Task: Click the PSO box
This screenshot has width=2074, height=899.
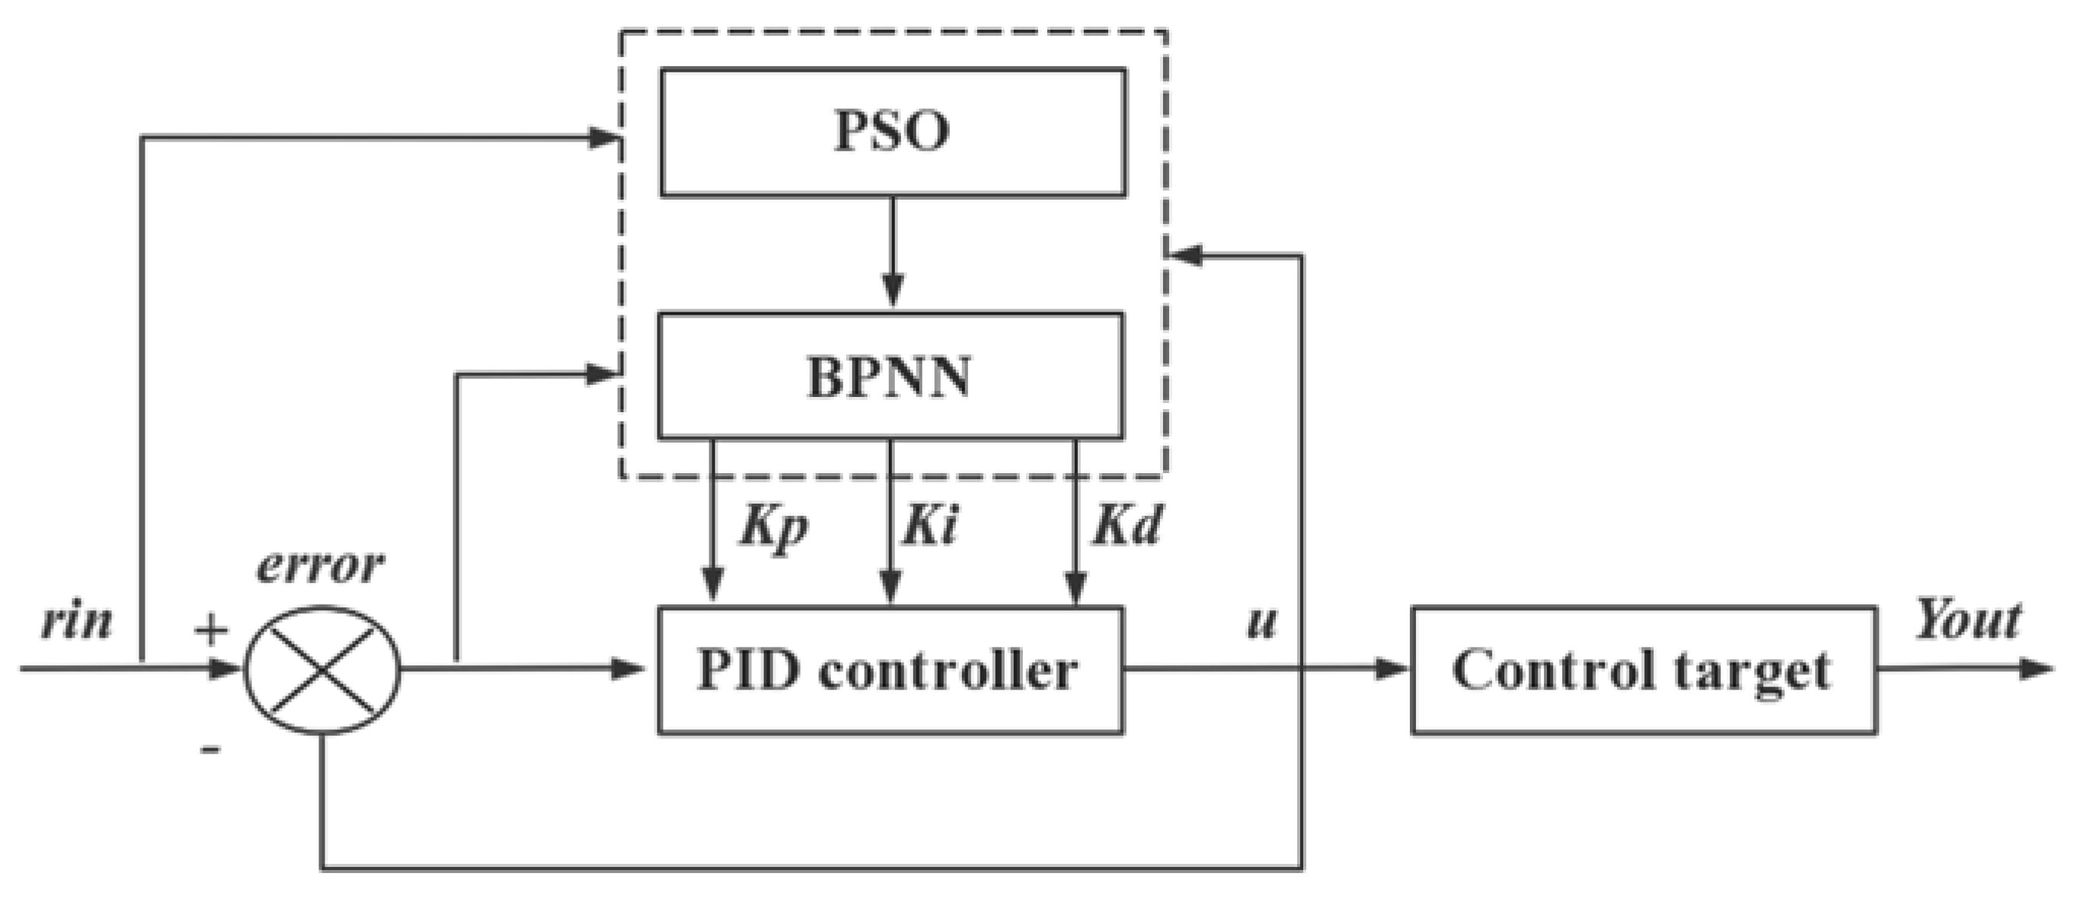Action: pyautogui.click(x=892, y=132)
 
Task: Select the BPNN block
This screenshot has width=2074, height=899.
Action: pyautogui.click(x=890, y=376)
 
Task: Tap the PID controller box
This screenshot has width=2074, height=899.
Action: pyautogui.click(x=890, y=670)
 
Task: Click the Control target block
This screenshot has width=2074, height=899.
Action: pyautogui.click(x=1643, y=670)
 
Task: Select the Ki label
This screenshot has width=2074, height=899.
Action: pyautogui.click(x=930, y=525)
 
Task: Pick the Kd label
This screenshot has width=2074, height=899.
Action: pyautogui.click(x=1126, y=525)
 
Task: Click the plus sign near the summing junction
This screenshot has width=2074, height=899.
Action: pyautogui.click(x=211, y=630)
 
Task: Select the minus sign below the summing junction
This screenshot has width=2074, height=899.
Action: pyautogui.click(x=210, y=749)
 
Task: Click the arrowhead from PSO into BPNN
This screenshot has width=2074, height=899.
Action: pyautogui.click(x=892, y=290)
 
